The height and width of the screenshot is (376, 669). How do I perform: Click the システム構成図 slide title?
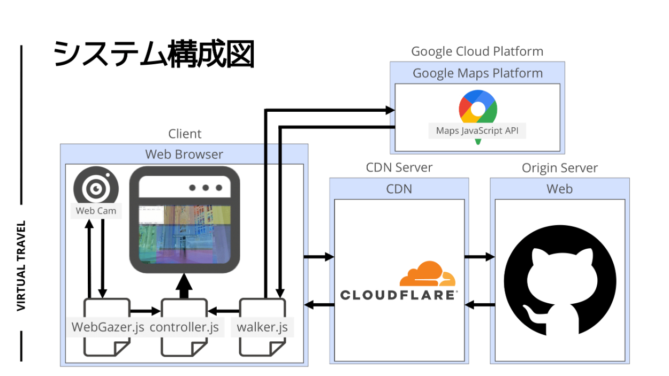[x=154, y=55]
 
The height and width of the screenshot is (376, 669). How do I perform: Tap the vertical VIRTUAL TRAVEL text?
[x=21, y=266]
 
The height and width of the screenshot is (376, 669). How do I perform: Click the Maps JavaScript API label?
[x=477, y=131]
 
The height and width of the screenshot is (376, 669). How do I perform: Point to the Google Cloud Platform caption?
[x=477, y=51]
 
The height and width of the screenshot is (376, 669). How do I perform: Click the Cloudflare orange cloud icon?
[x=427, y=274]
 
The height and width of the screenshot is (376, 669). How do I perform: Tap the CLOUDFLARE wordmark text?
[x=399, y=295]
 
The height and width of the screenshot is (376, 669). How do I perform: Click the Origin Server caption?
[x=560, y=168]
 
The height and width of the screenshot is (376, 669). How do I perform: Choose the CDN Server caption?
[x=399, y=167]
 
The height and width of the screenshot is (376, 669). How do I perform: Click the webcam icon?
[x=96, y=188]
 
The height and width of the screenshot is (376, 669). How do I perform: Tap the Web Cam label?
[x=96, y=211]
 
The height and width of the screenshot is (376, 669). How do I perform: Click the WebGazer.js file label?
[x=108, y=327]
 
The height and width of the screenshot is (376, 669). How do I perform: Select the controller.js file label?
[x=184, y=327]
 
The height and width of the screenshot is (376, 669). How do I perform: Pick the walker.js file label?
[x=262, y=327]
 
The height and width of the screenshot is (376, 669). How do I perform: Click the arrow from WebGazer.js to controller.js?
[x=146, y=310]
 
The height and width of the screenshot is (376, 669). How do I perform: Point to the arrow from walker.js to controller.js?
[x=223, y=310]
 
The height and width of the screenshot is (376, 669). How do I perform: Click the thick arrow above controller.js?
[x=184, y=286]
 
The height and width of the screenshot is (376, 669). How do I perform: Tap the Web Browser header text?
[x=184, y=155]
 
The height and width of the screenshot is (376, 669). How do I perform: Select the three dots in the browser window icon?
[x=206, y=188]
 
